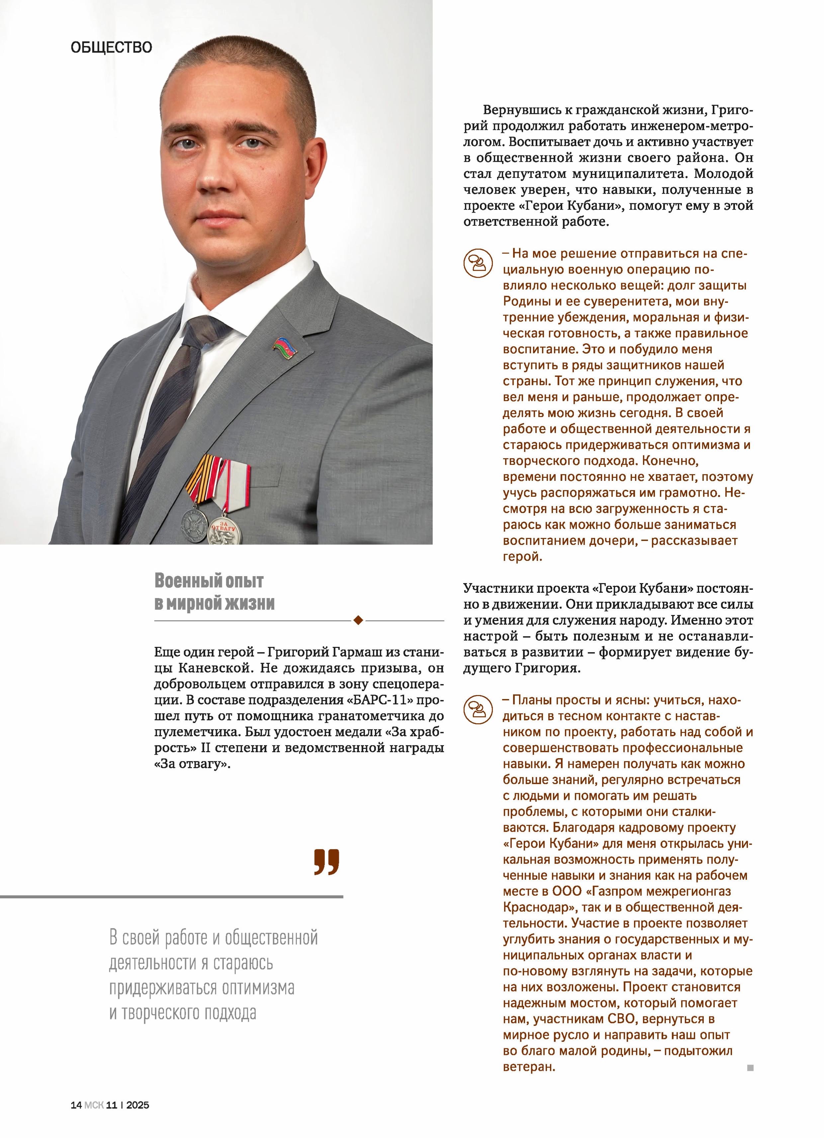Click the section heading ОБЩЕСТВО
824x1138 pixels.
111,48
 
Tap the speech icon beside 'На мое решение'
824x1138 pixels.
477,263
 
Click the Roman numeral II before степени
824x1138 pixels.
205,748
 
